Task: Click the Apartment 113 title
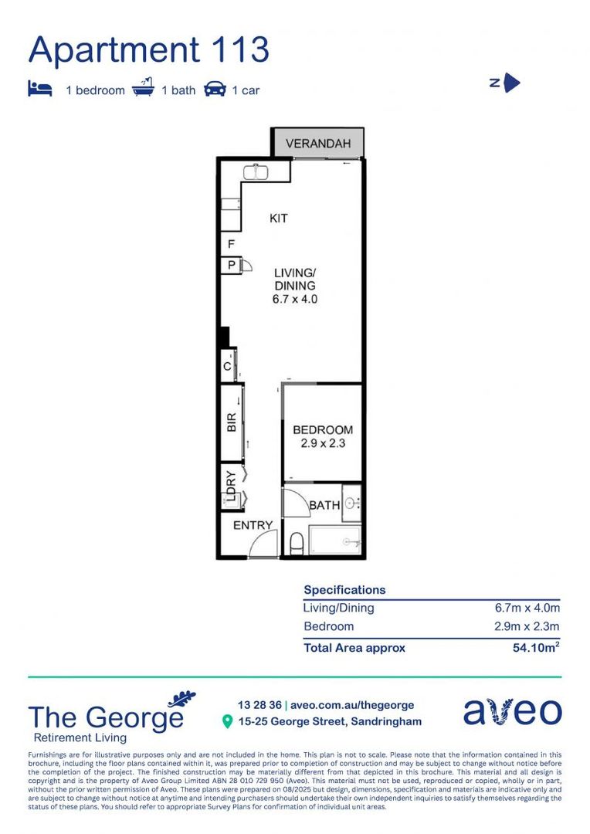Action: [x=149, y=50]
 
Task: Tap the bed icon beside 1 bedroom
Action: [x=40, y=90]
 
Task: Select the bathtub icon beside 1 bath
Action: [x=143, y=90]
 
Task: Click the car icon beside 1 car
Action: [x=215, y=90]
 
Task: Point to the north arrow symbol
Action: [x=511, y=83]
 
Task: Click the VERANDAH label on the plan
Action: [x=318, y=144]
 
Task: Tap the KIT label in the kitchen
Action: [x=278, y=219]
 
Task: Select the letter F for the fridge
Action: [x=231, y=245]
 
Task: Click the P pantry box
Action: [x=231, y=266]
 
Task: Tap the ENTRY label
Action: [x=253, y=526]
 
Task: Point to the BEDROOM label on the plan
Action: [x=323, y=430]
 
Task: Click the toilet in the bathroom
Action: [x=297, y=544]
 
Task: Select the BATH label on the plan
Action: [x=324, y=506]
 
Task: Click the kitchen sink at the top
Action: [x=255, y=171]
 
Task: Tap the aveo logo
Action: [x=513, y=711]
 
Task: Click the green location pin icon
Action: [x=227, y=722]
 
